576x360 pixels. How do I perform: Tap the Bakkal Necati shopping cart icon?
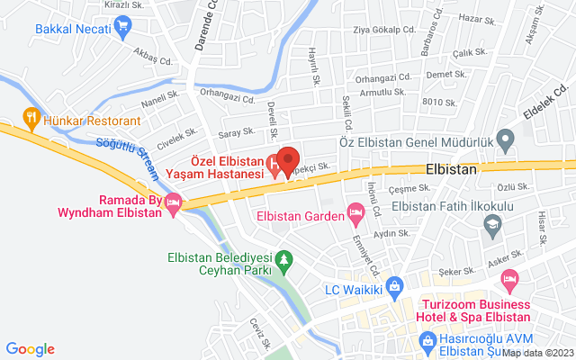pos(122,28)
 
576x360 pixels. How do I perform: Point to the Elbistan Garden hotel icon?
pos(356,215)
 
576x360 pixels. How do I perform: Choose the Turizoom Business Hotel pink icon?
pos(509,279)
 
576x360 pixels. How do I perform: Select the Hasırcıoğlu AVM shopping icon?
pos(427,341)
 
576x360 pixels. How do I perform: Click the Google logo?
pos(30,349)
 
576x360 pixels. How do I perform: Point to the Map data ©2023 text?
pos(536,353)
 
